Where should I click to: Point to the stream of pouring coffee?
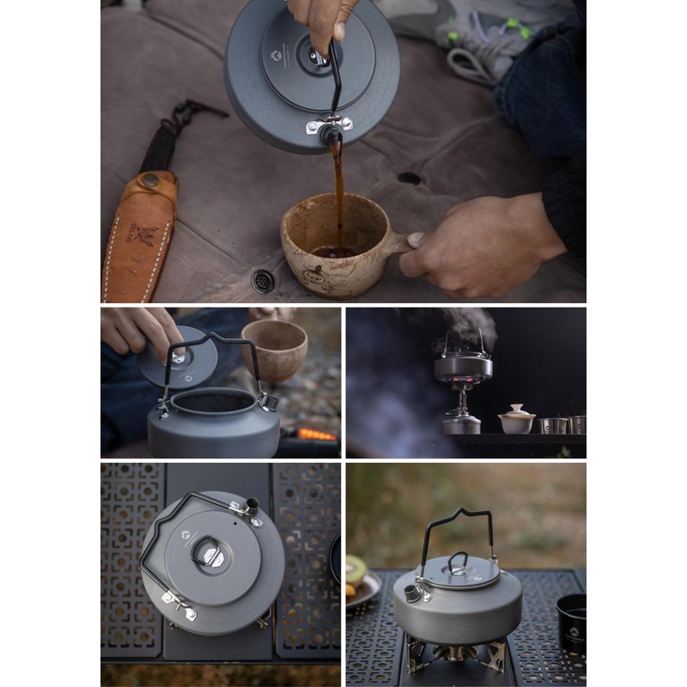click(x=337, y=189)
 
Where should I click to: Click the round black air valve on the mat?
click(x=261, y=279)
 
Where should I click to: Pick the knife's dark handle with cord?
click(x=163, y=137)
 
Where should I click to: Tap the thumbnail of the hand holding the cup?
click(x=416, y=240)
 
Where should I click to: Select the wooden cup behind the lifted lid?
click(x=274, y=348)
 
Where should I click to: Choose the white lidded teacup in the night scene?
click(x=516, y=419)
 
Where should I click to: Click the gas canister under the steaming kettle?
click(x=462, y=423)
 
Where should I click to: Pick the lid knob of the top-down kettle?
click(x=208, y=550)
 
